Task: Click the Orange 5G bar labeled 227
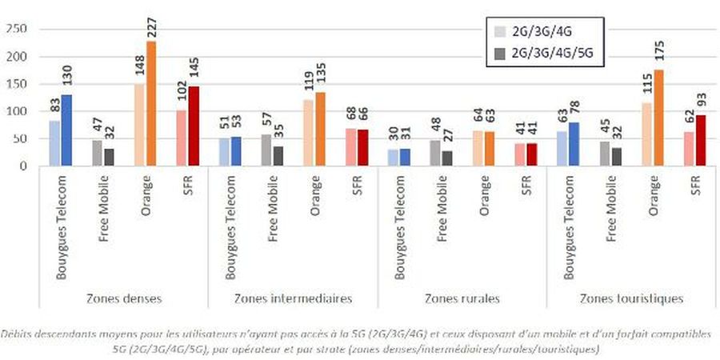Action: point(150,104)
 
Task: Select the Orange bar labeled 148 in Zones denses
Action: point(139,125)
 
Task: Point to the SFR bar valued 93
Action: point(701,141)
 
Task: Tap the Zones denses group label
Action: point(123,298)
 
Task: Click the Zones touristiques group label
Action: point(631,298)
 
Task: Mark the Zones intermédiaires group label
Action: point(294,298)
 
